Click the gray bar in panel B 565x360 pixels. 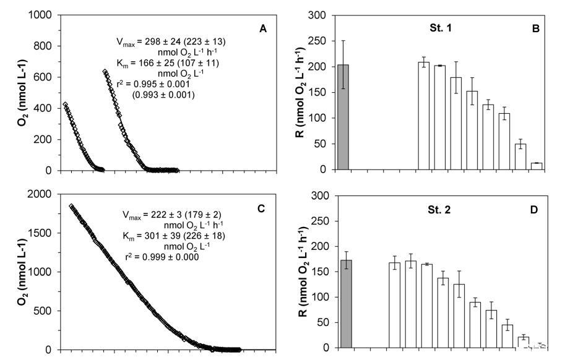click(x=343, y=117)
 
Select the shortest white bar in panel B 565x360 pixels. click(x=537, y=166)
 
